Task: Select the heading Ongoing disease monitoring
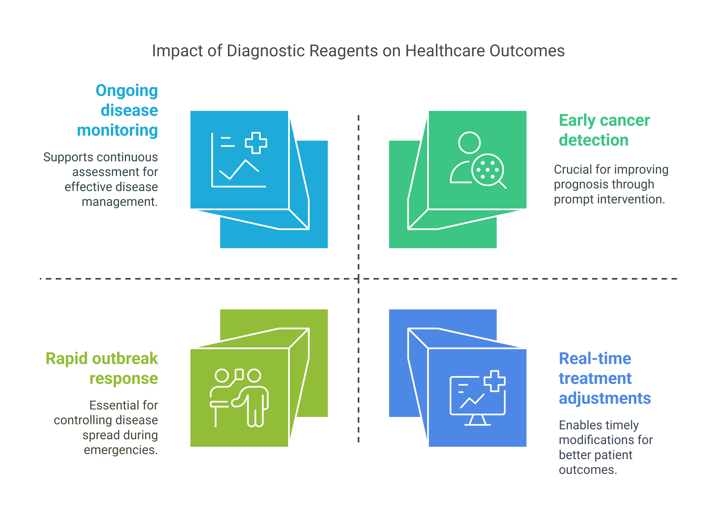pyautogui.click(x=118, y=110)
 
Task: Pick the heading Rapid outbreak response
pyautogui.click(x=102, y=368)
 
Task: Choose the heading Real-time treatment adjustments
pyautogui.click(x=604, y=378)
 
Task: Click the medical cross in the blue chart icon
pyautogui.click(x=256, y=143)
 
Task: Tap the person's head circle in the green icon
pyautogui.click(x=470, y=143)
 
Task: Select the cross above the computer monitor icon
pyautogui.click(x=495, y=381)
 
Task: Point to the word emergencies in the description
pyautogui.click(x=121, y=450)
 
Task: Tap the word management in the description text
pyautogui.click(x=119, y=201)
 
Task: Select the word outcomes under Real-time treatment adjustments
pyautogui.click(x=588, y=470)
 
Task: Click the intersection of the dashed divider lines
pyautogui.click(x=358, y=279)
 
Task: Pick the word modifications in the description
pyautogui.click(x=605, y=440)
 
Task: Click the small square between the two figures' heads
pyautogui.click(x=239, y=374)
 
